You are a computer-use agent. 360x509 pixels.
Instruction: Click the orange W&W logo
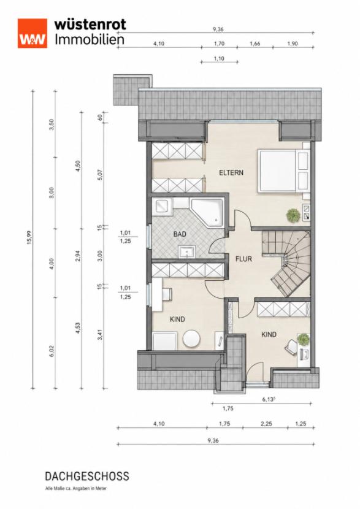(32, 33)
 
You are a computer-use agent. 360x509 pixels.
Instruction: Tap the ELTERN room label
(231, 172)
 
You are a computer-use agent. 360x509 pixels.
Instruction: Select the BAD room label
(180, 234)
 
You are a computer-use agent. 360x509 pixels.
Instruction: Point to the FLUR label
(243, 259)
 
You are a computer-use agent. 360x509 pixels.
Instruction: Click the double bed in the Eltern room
(283, 170)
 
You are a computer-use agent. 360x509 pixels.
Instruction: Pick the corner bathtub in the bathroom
(207, 213)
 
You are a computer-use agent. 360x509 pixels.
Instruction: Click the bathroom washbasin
(186, 252)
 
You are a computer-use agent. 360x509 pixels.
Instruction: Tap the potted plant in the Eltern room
(293, 215)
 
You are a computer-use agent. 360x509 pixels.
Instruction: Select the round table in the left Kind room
(192, 339)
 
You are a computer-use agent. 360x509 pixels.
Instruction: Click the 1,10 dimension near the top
(219, 58)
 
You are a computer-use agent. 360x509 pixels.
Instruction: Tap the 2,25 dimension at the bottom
(266, 424)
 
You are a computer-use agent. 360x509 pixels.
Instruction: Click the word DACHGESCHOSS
(87, 476)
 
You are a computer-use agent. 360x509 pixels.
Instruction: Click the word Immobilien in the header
(90, 40)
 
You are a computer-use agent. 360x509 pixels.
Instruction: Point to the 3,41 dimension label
(101, 335)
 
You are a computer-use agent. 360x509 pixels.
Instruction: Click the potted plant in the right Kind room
(304, 340)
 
